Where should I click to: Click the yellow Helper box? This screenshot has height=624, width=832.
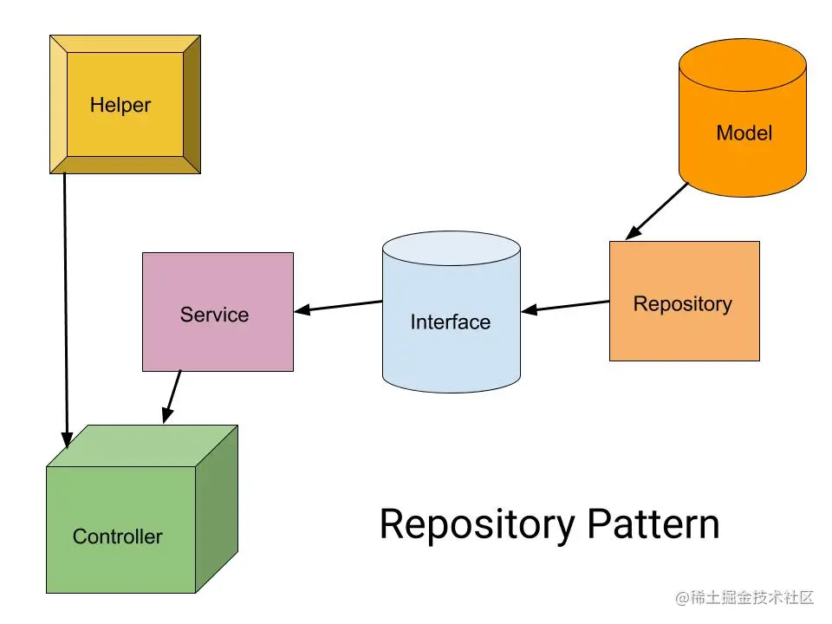point(125,104)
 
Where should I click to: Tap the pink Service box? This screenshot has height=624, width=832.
point(218,312)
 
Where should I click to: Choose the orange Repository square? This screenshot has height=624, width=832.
point(684,301)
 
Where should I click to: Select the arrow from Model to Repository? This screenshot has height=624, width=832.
point(656,211)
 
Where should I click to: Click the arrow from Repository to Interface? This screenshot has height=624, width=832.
point(565,306)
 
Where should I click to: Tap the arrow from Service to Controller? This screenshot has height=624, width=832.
point(172,397)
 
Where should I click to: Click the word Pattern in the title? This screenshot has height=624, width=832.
point(652,524)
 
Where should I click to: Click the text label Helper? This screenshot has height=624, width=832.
point(120,106)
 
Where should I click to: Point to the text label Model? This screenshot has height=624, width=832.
point(744,133)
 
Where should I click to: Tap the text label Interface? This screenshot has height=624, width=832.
point(450,322)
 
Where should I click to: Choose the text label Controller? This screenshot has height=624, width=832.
point(117,536)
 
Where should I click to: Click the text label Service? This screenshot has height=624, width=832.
point(214,315)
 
